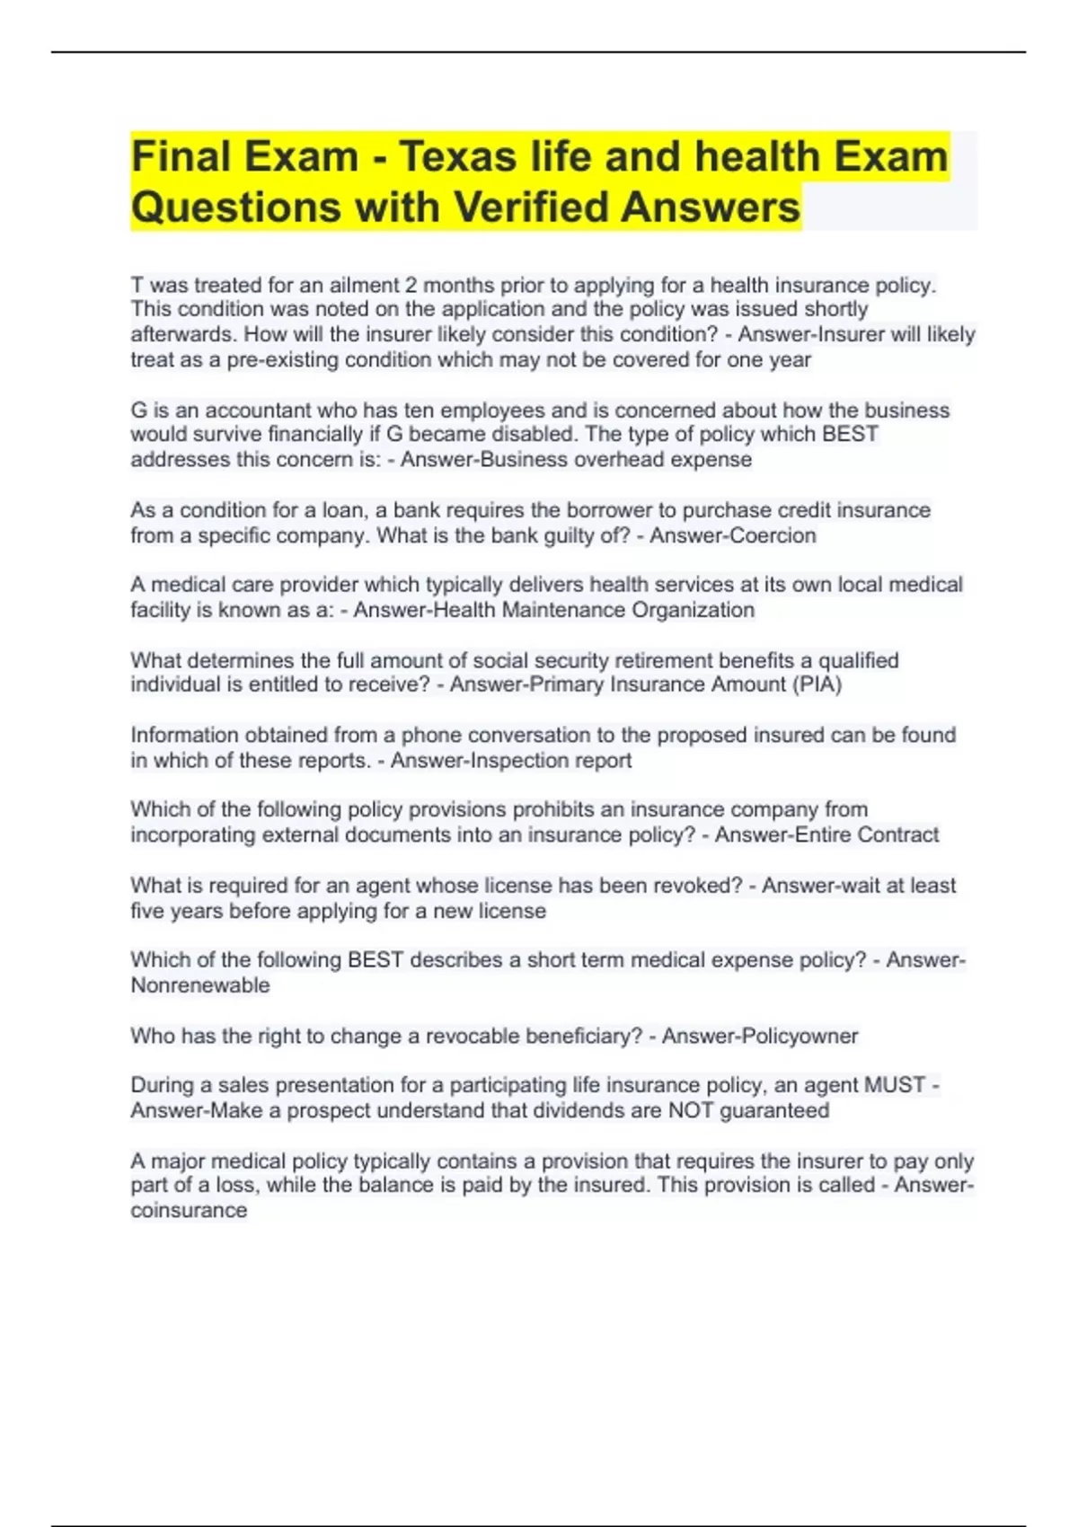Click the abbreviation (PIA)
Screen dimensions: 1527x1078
pyautogui.click(x=816, y=684)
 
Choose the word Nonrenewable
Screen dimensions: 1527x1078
pyautogui.click(x=200, y=985)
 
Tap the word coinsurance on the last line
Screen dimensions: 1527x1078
pyautogui.click(x=189, y=1210)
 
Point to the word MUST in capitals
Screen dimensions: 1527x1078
pyautogui.click(x=895, y=1085)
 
